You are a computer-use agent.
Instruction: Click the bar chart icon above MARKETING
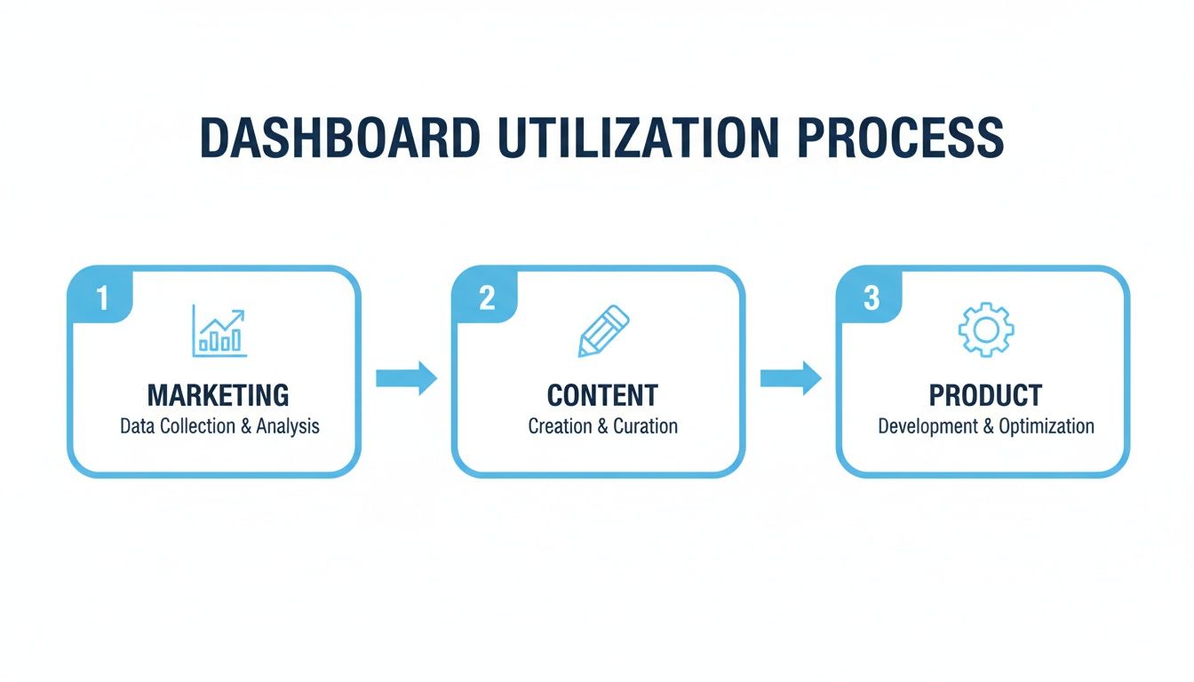219,331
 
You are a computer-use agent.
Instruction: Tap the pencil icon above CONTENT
603,331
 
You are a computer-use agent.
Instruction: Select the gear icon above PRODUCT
986,330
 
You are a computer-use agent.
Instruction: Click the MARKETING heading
219,395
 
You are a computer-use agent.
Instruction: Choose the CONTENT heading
603,395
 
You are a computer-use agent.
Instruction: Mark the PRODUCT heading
986,395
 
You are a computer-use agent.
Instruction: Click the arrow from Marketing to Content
406,378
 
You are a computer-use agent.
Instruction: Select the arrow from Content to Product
791,378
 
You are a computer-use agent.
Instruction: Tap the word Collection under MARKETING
198,426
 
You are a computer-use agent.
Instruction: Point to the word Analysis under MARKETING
288,426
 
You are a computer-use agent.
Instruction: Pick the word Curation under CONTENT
645,426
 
